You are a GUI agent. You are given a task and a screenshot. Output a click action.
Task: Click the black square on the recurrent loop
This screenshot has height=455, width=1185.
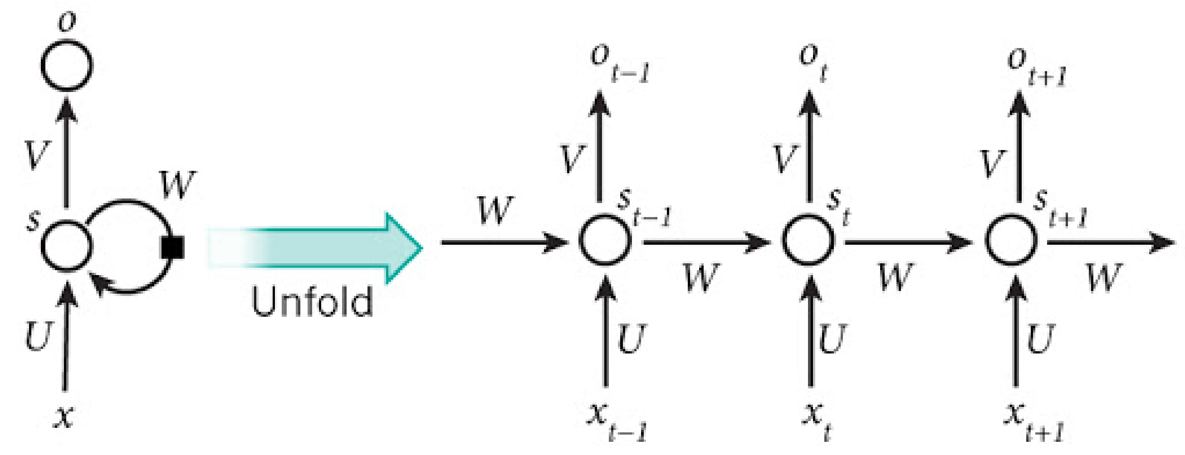[x=172, y=248]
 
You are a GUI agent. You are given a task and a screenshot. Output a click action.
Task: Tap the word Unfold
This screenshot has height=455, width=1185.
[x=312, y=301]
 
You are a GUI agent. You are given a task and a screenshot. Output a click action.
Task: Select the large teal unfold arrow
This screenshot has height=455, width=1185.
[x=318, y=248]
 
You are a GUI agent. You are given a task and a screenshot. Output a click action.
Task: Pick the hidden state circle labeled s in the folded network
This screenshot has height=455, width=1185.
[x=67, y=246]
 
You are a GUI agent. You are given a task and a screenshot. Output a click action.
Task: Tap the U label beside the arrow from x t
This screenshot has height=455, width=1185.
[x=832, y=339]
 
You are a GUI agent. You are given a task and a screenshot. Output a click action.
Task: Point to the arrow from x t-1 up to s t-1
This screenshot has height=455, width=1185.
[x=605, y=331]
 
